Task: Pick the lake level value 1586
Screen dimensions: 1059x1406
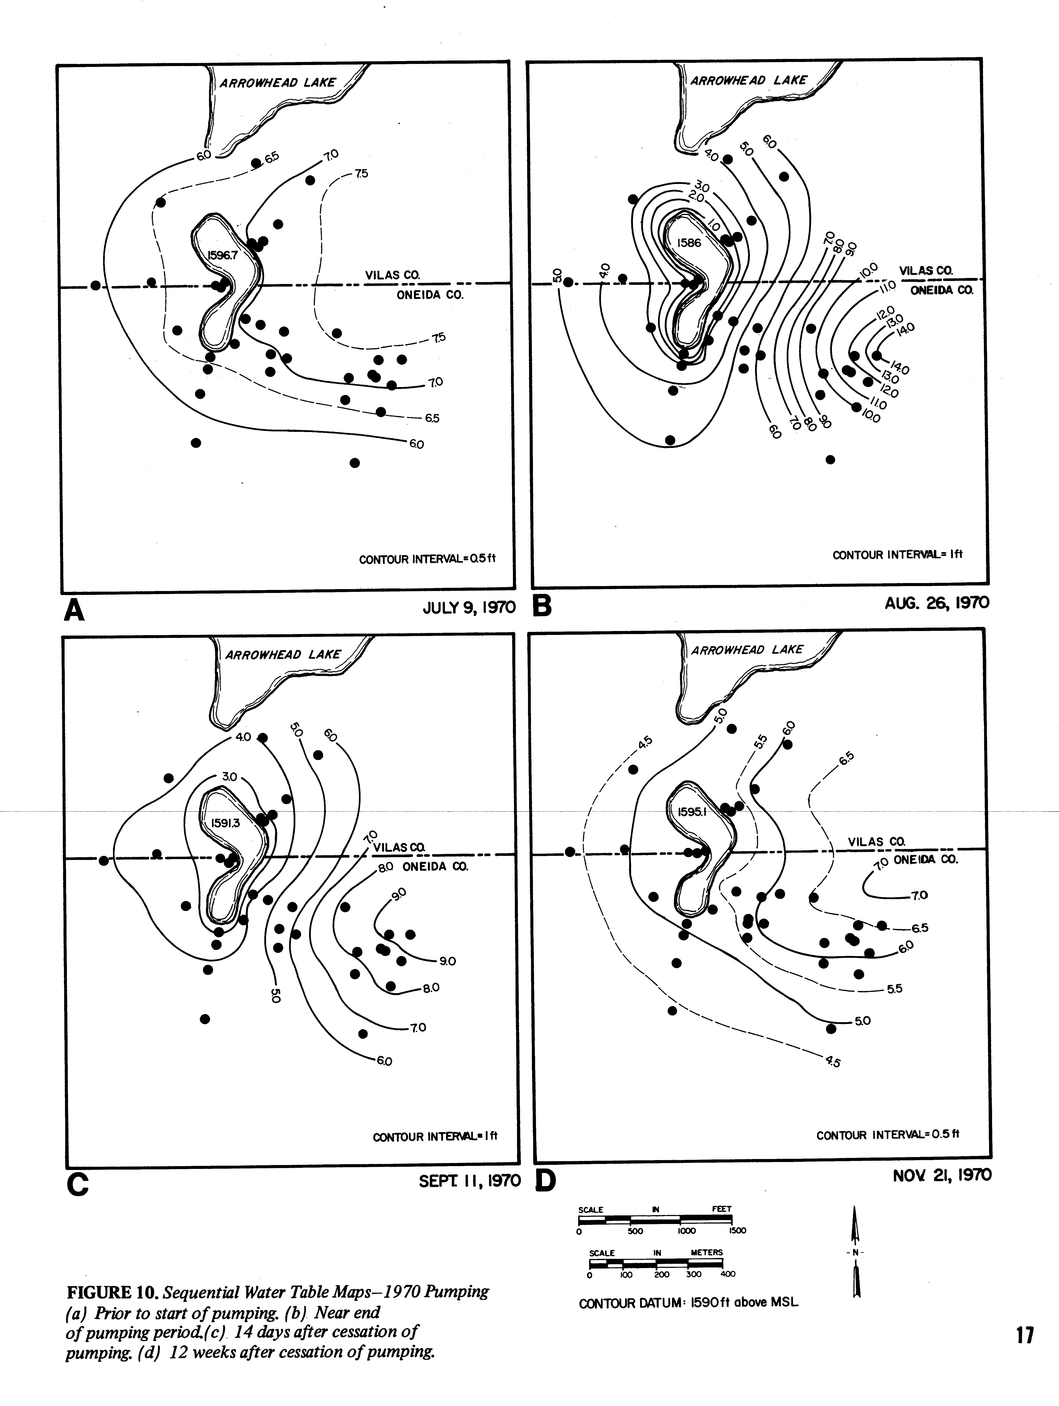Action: (x=689, y=242)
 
